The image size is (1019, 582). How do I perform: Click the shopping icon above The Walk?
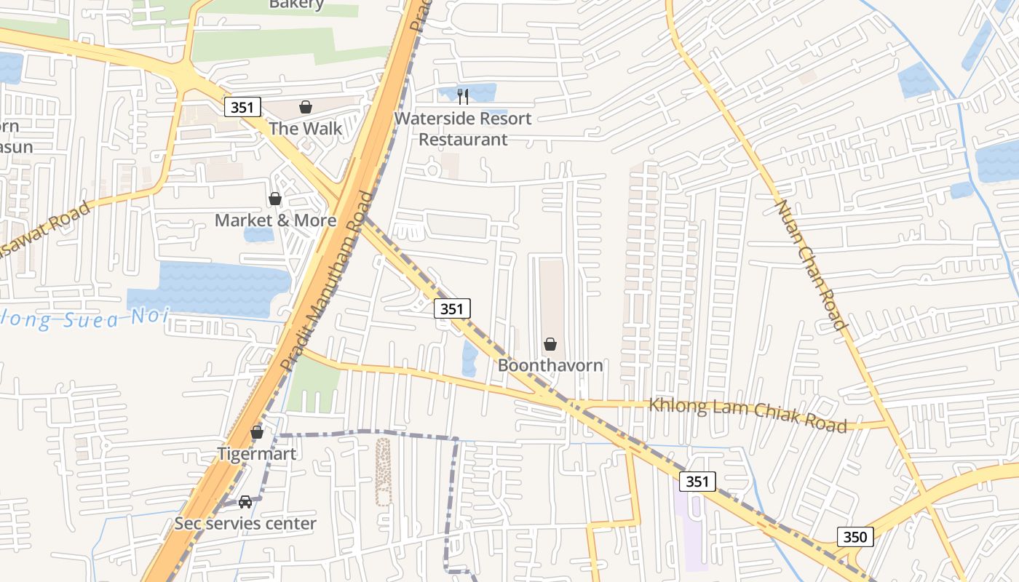click(x=306, y=108)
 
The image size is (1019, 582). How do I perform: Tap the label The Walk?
click(x=306, y=129)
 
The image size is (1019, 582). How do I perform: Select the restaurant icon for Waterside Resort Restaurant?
click(x=463, y=96)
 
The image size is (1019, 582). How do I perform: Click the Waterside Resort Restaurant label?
click(x=463, y=129)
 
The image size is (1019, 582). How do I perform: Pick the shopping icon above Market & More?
click(x=275, y=199)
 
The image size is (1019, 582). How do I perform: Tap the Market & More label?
click(x=275, y=220)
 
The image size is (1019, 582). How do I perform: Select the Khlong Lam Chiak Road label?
click(x=748, y=414)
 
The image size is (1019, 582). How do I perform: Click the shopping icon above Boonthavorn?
click(x=550, y=344)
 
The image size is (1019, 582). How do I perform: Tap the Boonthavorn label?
click(x=550, y=365)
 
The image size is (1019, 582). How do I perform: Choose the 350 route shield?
click(x=855, y=537)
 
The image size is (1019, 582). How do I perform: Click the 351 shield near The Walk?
click(x=242, y=108)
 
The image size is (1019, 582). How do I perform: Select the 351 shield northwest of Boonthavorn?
click(x=451, y=308)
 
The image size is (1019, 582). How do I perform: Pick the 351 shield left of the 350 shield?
click(x=697, y=481)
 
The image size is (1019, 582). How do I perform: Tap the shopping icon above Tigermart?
click(x=257, y=433)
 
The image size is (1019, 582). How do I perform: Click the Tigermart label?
click(x=257, y=454)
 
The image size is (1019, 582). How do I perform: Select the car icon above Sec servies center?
click(x=245, y=502)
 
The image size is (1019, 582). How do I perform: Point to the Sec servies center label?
click(x=245, y=523)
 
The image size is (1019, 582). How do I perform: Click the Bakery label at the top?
click(x=296, y=4)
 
